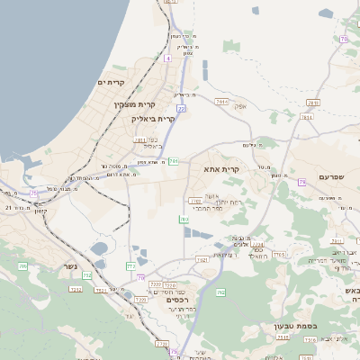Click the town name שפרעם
pos(332,176)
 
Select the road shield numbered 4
pos(167,58)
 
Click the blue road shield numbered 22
pos(181,109)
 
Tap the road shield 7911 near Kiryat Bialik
pos(140,140)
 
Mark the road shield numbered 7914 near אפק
pos(222,102)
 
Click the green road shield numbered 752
pos(87,275)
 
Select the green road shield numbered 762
pos(202,260)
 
